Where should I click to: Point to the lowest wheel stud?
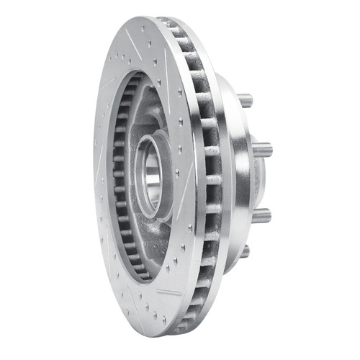tap(244, 251)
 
